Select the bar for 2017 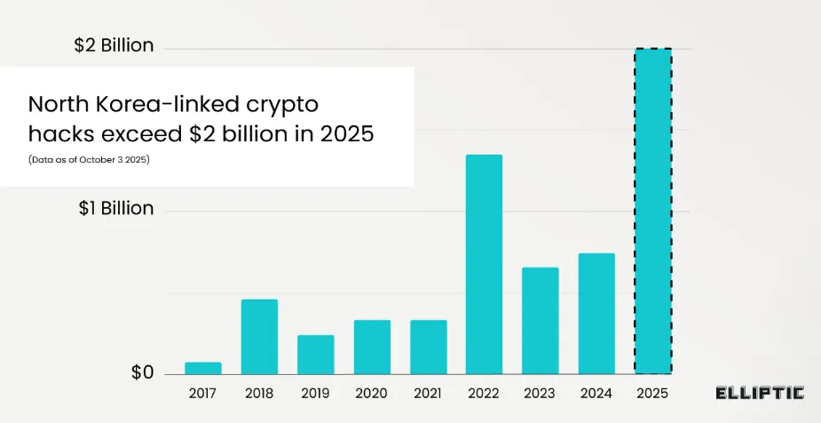pyautogui.click(x=203, y=368)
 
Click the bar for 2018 pyautogui.click(x=259, y=337)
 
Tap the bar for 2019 pyautogui.click(x=315, y=355)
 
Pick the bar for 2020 pyautogui.click(x=372, y=347)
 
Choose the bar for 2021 pyautogui.click(x=428, y=347)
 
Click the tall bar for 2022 pyautogui.click(x=484, y=264)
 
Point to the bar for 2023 pyautogui.click(x=540, y=320)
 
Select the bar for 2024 pyautogui.click(x=596, y=313)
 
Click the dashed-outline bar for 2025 pyautogui.click(x=652, y=211)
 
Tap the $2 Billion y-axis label pyautogui.click(x=114, y=45)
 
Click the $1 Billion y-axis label pyautogui.click(x=115, y=209)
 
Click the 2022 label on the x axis pyautogui.click(x=484, y=392)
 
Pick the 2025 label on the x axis pyautogui.click(x=652, y=392)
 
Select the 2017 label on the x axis pyautogui.click(x=203, y=392)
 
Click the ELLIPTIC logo pyautogui.click(x=760, y=393)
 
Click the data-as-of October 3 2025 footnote pyautogui.click(x=87, y=159)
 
